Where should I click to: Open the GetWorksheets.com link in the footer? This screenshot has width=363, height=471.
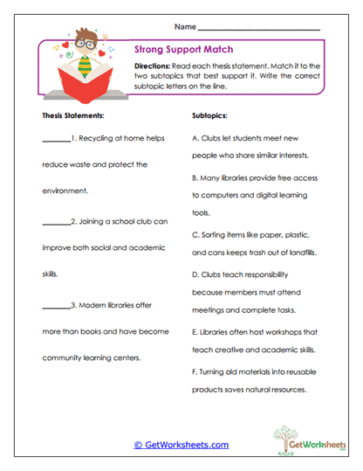click(x=181, y=445)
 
